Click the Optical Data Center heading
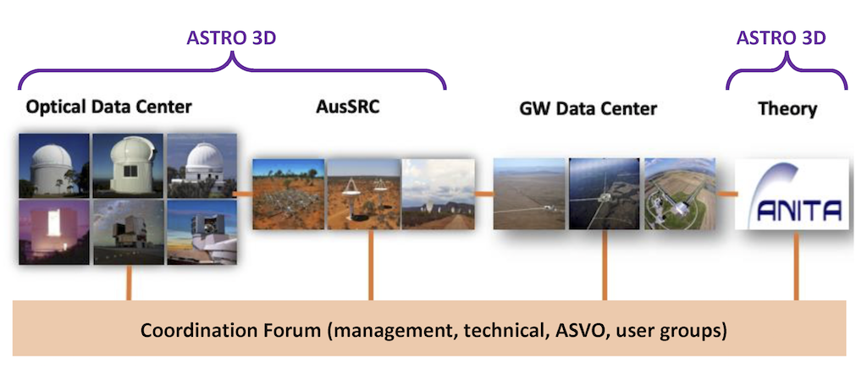(x=108, y=107)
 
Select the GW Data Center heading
(x=588, y=108)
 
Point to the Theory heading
(x=787, y=109)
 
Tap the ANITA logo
(x=792, y=194)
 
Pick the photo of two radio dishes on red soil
(x=363, y=194)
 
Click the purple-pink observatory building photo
(x=53, y=232)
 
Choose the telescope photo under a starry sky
(x=128, y=232)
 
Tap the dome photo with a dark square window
(x=128, y=165)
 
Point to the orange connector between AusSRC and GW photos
(x=483, y=194)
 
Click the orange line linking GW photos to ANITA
(x=726, y=194)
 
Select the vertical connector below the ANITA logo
(x=796, y=265)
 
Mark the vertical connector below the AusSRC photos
(x=371, y=265)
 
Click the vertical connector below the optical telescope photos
(x=129, y=283)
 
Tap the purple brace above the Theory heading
(x=786, y=71)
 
